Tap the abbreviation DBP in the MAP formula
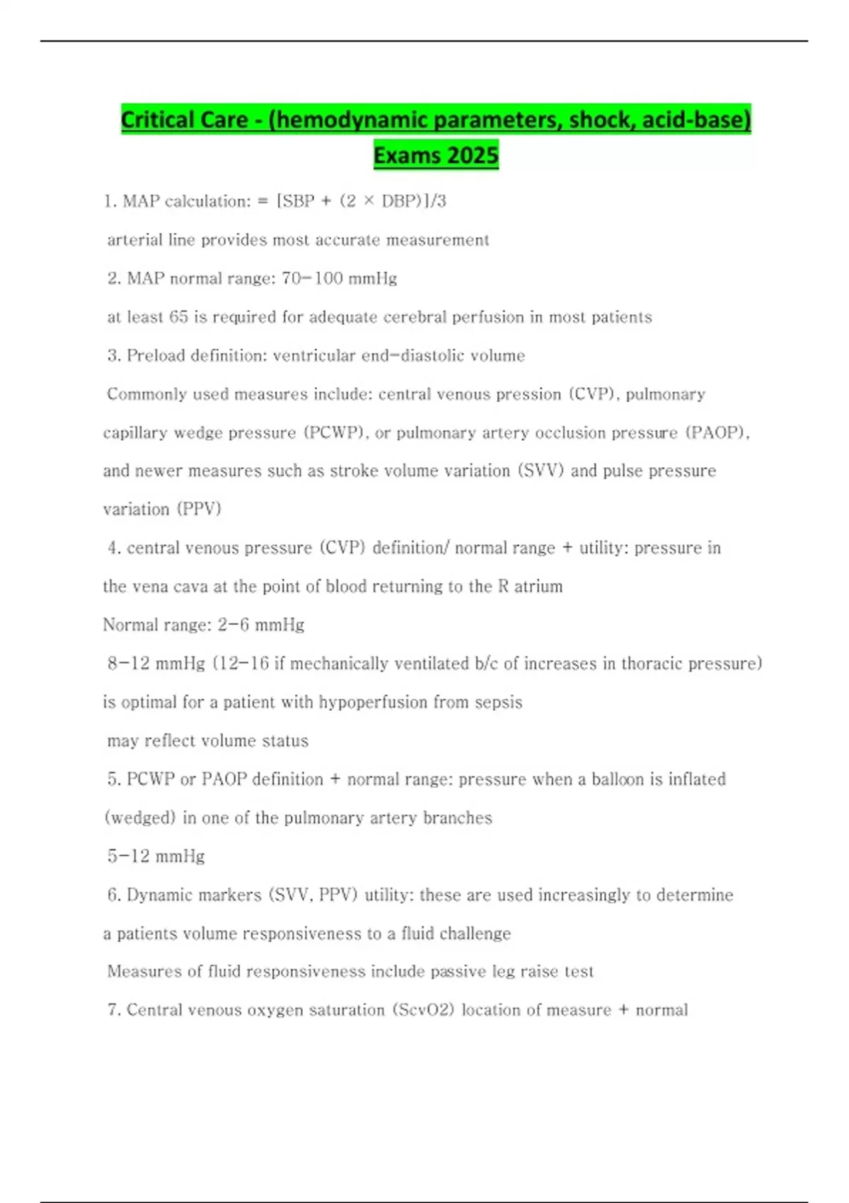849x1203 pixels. point(400,201)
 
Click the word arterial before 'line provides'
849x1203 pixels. point(134,240)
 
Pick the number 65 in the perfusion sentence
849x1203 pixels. point(178,317)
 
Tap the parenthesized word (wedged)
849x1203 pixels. point(140,817)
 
